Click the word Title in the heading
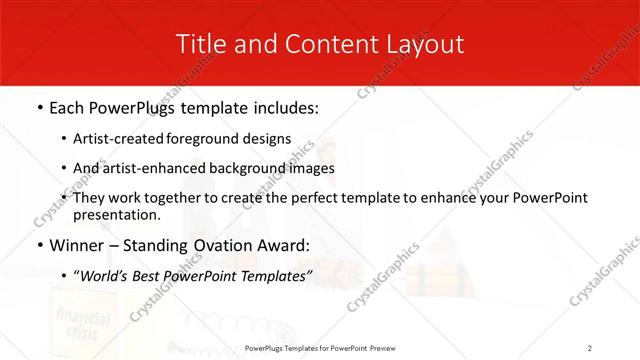click(x=199, y=44)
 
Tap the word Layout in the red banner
click(x=423, y=44)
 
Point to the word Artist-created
click(x=119, y=139)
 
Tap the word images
click(x=310, y=168)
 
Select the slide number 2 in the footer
click(x=590, y=348)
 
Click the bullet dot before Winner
click(x=38, y=245)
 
